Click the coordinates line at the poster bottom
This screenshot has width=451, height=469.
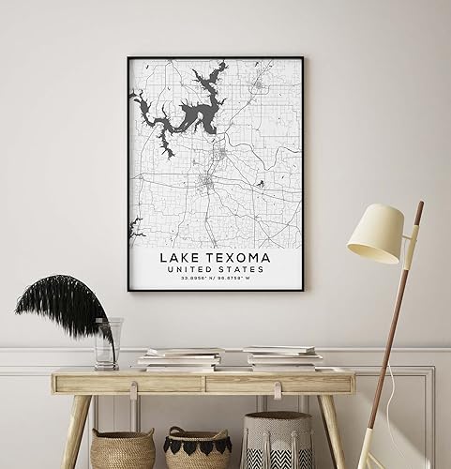click(216, 280)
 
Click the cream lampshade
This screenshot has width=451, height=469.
click(375, 234)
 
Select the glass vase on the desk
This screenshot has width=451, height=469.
click(107, 341)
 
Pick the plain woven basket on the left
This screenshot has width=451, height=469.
click(122, 450)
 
